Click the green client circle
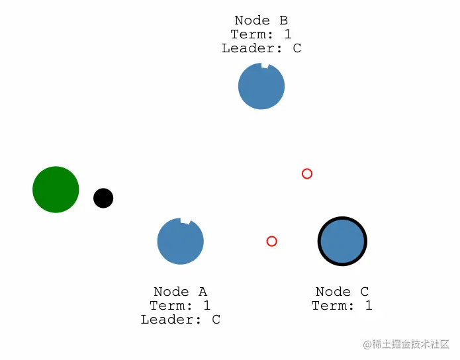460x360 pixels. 56,189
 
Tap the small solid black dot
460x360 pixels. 103,198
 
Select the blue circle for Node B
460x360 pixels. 261,87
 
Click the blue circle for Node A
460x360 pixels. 180,242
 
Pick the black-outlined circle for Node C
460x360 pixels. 342,242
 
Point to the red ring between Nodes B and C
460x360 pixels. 307,173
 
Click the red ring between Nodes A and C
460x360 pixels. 271,241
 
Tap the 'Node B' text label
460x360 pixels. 261,21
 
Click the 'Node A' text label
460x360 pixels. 180,292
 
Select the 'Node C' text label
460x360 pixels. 342,292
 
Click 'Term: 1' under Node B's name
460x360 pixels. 261,34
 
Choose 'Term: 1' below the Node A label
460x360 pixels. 180,306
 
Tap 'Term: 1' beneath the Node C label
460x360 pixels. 342,306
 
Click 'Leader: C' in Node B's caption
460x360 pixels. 261,48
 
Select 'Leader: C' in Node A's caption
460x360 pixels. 180,320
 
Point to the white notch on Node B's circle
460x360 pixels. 265,66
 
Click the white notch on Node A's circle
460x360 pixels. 185,221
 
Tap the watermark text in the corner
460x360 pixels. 406,344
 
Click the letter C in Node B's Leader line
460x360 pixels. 297,48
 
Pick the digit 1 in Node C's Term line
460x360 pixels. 369,306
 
